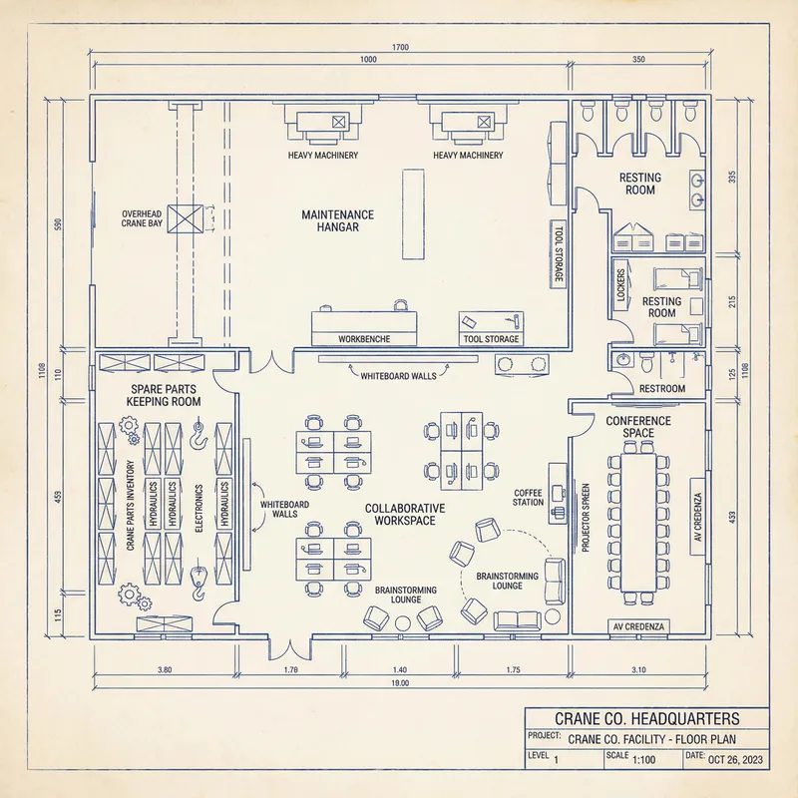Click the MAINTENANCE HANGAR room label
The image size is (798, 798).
[x=338, y=220]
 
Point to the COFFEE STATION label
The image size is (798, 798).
[x=528, y=497]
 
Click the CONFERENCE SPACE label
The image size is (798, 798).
[x=638, y=427]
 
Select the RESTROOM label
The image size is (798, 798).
[x=662, y=388]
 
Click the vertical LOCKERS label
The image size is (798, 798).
[x=620, y=286]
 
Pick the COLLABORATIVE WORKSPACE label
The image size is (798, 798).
[x=405, y=514]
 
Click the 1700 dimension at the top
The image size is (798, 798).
[x=399, y=47]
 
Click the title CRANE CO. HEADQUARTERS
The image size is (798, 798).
[x=646, y=719]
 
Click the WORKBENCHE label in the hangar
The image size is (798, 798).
[x=363, y=339]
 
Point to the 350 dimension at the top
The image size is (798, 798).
[x=638, y=60]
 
